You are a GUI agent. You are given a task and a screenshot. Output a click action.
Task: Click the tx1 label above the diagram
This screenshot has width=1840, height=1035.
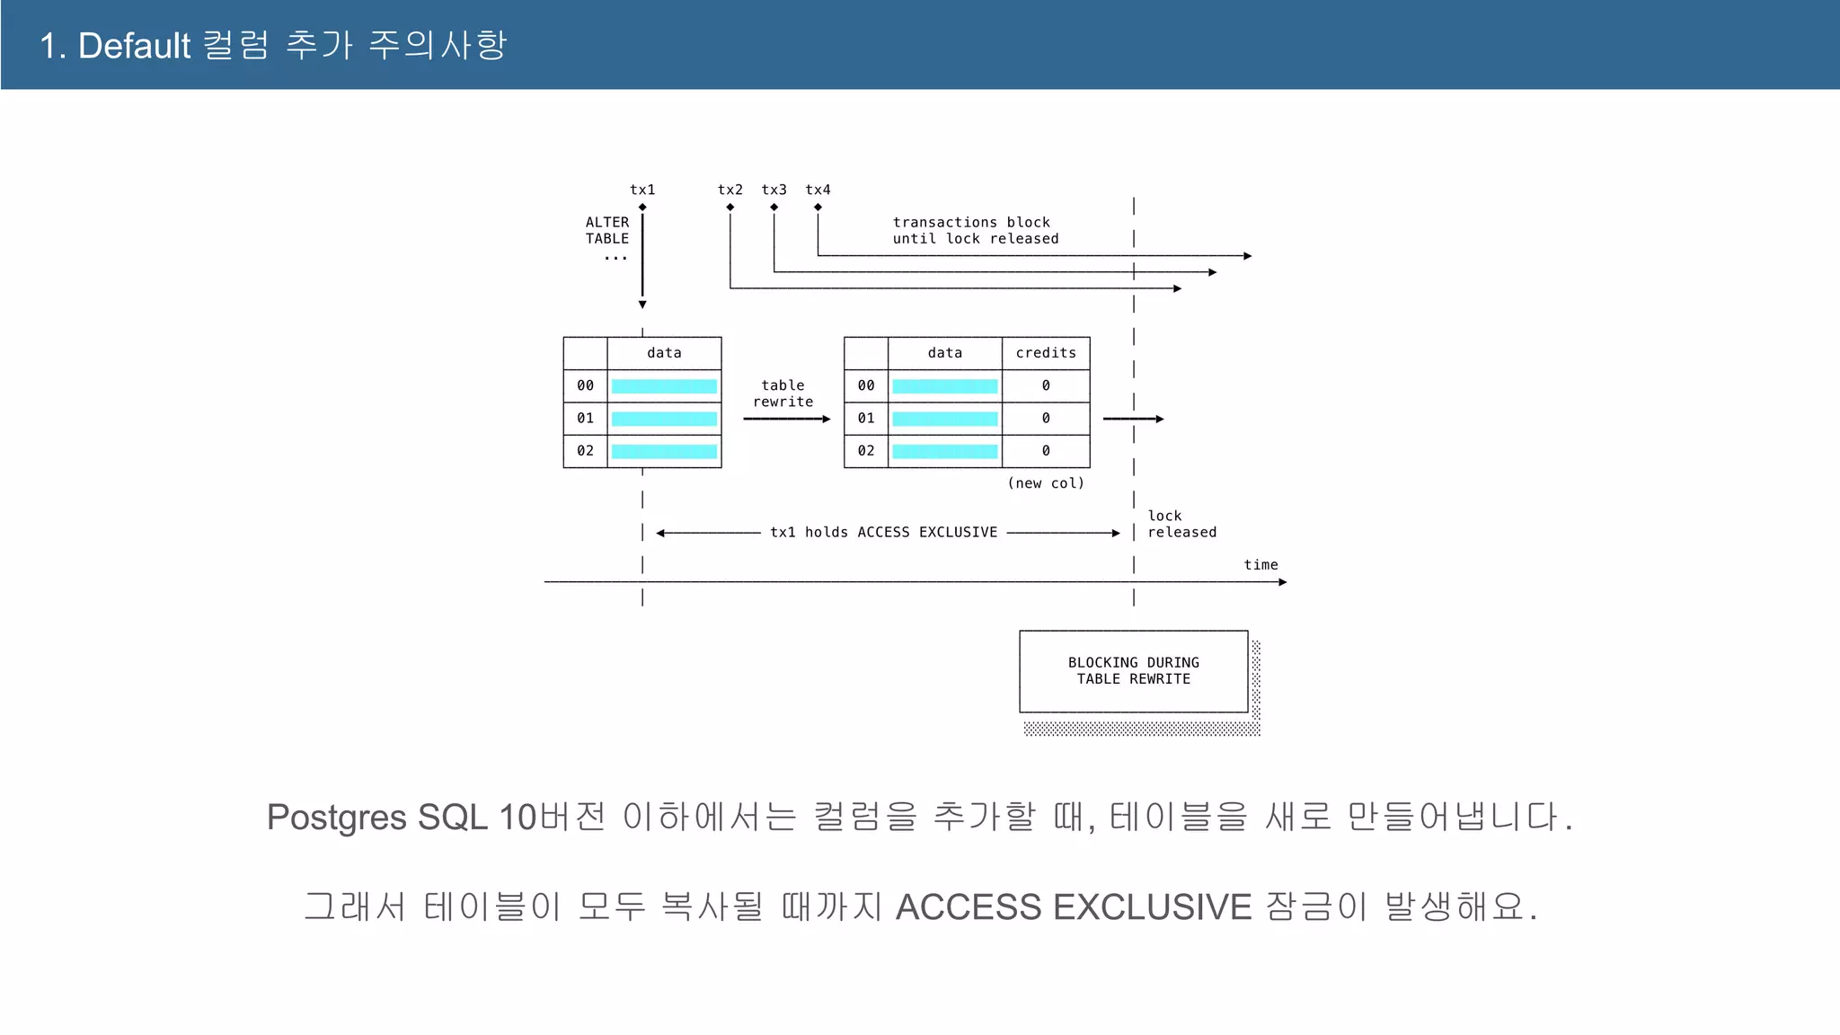click(642, 190)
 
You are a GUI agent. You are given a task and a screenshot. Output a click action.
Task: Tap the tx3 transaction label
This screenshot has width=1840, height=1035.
click(774, 190)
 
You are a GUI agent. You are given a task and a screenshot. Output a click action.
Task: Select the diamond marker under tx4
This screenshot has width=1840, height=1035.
click(818, 208)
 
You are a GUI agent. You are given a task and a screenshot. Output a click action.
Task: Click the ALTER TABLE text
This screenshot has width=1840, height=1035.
click(607, 230)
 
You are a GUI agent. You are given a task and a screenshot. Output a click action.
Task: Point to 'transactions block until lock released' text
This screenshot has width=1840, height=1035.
click(975, 230)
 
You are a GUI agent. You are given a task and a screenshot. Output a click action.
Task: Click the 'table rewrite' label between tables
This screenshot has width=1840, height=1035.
click(783, 394)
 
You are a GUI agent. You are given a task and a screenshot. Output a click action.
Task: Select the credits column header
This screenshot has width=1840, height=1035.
click(1045, 353)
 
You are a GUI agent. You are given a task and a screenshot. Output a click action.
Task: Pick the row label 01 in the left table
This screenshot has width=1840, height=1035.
click(585, 418)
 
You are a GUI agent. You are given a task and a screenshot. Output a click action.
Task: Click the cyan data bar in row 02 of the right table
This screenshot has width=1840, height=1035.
click(944, 451)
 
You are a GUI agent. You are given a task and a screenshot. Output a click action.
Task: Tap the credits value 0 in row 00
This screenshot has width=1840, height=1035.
click(1045, 385)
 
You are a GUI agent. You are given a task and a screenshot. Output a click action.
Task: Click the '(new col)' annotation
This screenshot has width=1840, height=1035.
click(1045, 483)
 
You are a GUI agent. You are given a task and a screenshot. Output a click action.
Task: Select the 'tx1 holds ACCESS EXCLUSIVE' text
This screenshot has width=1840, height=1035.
click(883, 532)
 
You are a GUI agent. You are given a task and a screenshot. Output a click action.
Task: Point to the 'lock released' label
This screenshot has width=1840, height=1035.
click(1181, 524)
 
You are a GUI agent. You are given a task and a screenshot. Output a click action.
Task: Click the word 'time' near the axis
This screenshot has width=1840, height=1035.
click(1261, 564)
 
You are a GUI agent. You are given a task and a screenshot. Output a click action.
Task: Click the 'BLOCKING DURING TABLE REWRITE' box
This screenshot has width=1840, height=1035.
click(1133, 671)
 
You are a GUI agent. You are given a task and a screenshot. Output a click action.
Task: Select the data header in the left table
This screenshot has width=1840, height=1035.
click(664, 353)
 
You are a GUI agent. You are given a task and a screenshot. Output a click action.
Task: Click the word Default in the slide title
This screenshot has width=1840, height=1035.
click(135, 45)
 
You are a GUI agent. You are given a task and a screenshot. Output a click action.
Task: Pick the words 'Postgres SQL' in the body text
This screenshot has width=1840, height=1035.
click(378, 818)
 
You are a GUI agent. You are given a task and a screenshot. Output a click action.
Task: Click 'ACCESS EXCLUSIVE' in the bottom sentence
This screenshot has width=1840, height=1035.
click(1073, 907)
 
